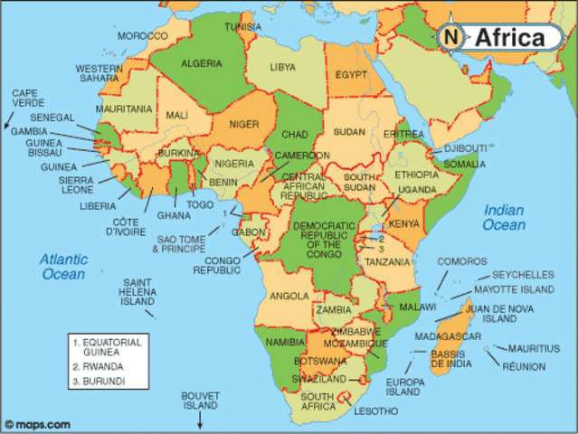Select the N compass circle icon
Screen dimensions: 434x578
453,38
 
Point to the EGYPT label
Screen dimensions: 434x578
354,77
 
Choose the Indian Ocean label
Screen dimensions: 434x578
503,217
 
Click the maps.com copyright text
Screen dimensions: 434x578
37,424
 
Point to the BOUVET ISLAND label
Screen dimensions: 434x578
201,401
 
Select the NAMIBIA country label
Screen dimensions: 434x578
283,343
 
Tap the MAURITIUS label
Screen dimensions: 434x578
526,348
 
